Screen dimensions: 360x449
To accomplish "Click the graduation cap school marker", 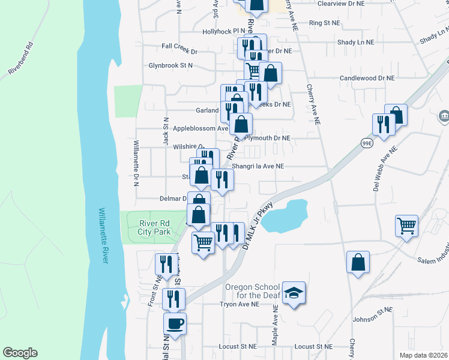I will pyautogui.click(x=294, y=293).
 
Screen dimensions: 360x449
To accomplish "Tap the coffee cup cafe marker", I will pyautogui.click(x=175, y=324).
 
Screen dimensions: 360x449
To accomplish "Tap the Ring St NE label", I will pyautogui.click(x=324, y=23).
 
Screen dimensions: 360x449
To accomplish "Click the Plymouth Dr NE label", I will pyautogui.click(x=269, y=138).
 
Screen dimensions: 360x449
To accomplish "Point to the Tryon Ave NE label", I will pyautogui.click(x=238, y=304).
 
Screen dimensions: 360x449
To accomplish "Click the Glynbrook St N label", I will pyautogui.click(x=171, y=65).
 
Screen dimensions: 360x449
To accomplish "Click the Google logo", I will pyautogui.click(x=20, y=353).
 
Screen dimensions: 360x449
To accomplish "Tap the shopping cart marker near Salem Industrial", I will pyautogui.click(x=407, y=226).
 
